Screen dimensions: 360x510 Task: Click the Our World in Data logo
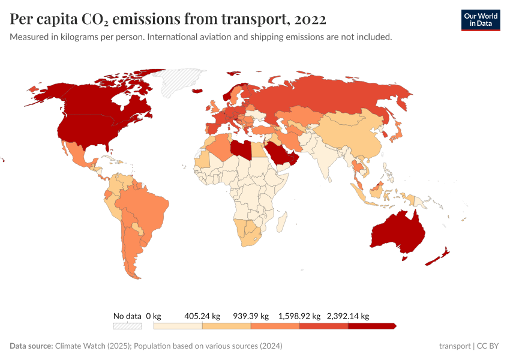(480, 20)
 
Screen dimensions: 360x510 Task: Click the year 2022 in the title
(310, 19)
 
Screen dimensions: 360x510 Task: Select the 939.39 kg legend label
(251, 316)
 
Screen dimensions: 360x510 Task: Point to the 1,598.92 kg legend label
(299, 316)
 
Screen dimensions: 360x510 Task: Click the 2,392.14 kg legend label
(348, 316)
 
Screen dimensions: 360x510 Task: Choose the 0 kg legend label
(154, 316)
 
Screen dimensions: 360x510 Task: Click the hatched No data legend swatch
(127, 326)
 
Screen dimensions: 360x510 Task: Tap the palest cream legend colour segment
(178, 326)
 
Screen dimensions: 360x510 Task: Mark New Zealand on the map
(438, 257)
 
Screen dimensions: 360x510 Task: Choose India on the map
(324, 156)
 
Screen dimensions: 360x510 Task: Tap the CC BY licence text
(489, 346)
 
